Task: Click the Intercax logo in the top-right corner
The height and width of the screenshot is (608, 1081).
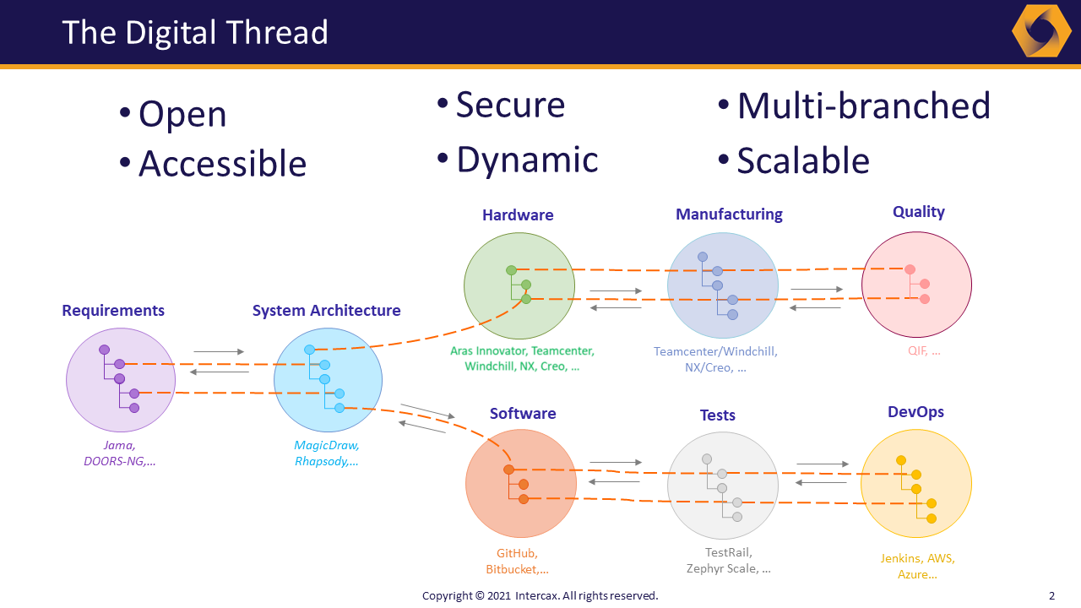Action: (1041, 31)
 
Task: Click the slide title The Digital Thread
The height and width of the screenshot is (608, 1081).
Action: (195, 32)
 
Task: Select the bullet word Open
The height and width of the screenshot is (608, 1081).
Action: (182, 115)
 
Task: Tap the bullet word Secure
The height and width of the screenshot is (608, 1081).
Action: (510, 105)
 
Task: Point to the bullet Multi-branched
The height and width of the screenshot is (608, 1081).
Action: (863, 106)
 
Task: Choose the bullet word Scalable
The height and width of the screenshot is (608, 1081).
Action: (802, 160)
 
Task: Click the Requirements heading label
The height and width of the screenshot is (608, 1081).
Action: (113, 311)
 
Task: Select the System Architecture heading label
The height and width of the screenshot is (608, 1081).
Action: (326, 311)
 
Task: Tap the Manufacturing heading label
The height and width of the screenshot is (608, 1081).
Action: (729, 214)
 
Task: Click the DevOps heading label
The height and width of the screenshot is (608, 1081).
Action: (915, 412)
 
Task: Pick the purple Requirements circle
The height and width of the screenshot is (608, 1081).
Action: (121, 380)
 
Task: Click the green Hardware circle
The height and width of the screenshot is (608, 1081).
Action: (519, 285)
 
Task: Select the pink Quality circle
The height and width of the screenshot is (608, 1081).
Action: (916, 285)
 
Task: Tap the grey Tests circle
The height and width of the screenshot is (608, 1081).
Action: (722, 486)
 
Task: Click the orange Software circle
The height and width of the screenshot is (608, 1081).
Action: (521, 484)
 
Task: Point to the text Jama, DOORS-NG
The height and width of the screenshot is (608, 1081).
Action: (120, 453)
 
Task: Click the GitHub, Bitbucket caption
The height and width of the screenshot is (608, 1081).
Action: (517, 562)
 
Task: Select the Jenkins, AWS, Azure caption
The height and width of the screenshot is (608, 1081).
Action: (917, 566)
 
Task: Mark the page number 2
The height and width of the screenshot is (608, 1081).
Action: (1051, 595)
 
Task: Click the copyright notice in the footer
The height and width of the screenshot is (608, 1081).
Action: (540, 595)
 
